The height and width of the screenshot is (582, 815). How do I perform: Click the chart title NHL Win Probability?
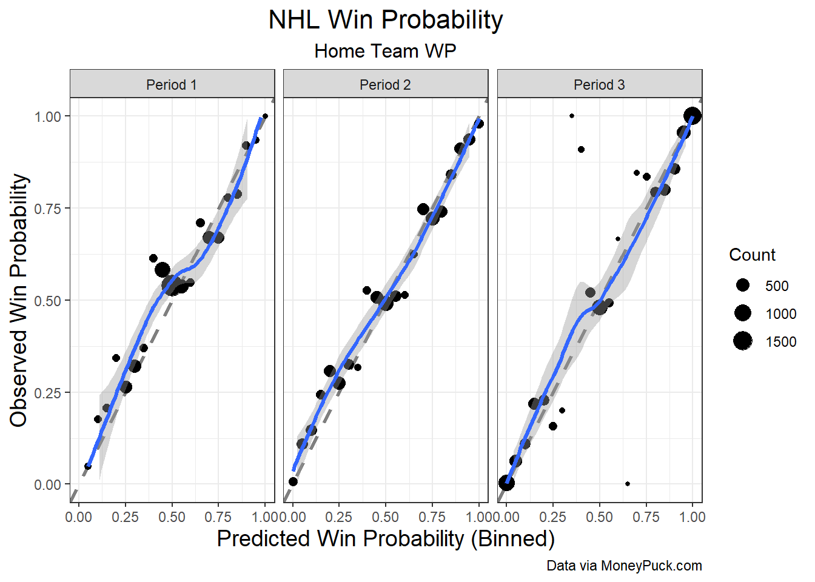[385, 21]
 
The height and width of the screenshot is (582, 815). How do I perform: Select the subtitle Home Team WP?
[385, 51]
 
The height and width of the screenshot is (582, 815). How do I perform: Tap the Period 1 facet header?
[172, 85]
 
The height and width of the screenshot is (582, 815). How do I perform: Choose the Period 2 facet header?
[385, 85]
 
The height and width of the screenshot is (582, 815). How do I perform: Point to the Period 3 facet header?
[599, 85]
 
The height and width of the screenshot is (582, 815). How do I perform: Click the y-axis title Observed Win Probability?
[18, 301]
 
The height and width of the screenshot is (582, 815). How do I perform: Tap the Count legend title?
[752, 255]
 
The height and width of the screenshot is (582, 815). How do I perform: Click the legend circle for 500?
[743, 286]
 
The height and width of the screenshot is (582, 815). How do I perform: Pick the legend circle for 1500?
[743, 341]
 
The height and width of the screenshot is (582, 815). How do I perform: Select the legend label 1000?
[781, 314]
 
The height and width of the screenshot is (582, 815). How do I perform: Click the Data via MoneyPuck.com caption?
[624, 566]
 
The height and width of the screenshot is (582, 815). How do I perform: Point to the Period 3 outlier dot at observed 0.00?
[627, 484]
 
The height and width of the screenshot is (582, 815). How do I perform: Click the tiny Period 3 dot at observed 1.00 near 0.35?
[572, 116]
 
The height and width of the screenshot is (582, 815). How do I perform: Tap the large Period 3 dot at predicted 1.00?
[692, 116]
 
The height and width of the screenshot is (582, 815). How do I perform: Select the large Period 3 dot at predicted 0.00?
[506, 483]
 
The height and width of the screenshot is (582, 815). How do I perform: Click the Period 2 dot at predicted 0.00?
[293, 481]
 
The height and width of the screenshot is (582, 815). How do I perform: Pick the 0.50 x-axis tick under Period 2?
[386, 517]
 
